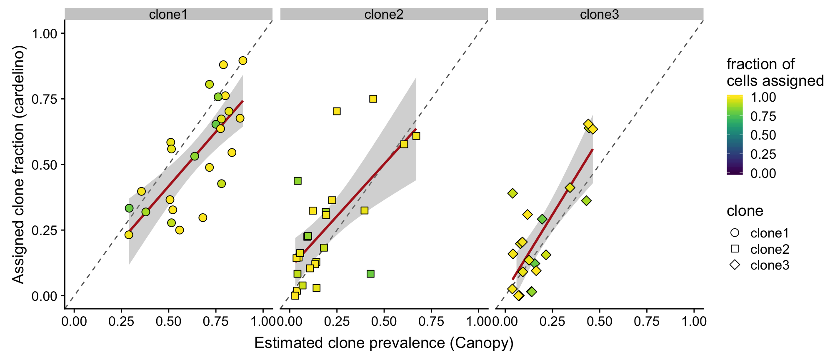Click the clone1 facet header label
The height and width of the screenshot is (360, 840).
(168, 15)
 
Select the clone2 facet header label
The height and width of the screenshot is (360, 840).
(384, 15)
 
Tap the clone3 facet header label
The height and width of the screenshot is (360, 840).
(599, 15)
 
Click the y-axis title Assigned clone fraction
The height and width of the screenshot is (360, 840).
(19, 165)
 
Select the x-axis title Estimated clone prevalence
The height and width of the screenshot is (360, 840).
(384, 343)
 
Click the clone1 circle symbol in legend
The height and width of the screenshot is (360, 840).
(735, 233)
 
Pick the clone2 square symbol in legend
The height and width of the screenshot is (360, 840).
(735, 249)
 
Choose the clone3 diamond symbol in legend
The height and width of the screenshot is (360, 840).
(735, 265)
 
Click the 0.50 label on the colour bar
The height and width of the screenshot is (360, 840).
(763, 135)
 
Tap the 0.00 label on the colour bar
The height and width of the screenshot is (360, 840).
(763, 173)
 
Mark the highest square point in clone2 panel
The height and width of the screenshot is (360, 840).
(373, 99)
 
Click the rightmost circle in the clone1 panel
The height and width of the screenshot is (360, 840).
(243, 61)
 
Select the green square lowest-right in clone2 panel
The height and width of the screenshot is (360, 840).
(370, 274)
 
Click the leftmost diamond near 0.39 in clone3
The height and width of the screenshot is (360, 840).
(512, 193)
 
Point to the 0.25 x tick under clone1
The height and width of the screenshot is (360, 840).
(121, 321)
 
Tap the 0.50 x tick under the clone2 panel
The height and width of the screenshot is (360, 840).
(384, 321)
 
